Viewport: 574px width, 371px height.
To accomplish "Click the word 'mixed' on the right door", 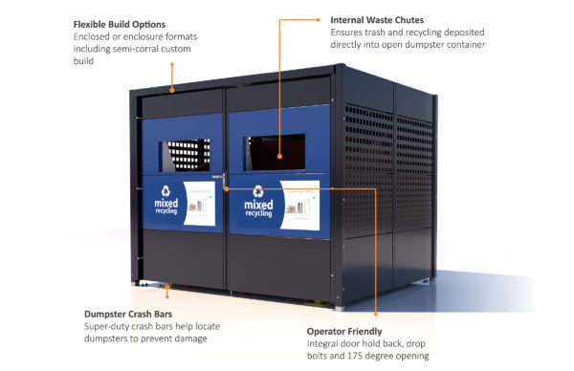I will [257, 205].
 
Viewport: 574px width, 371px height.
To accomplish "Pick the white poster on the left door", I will [199, 204].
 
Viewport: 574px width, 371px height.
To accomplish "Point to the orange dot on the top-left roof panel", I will [172, 88].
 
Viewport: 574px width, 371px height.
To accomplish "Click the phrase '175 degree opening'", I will [396, 356].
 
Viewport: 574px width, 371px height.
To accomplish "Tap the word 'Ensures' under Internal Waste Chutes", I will [349, 32].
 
